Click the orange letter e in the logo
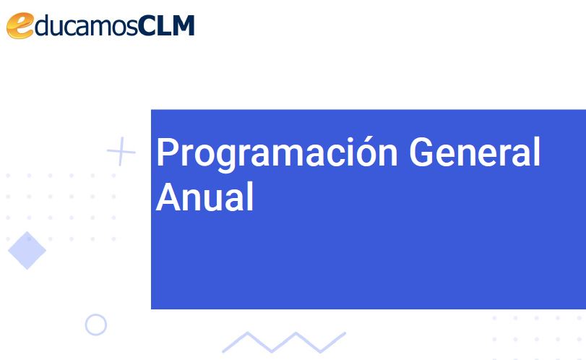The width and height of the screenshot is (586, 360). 20,25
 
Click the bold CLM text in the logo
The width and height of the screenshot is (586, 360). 166,25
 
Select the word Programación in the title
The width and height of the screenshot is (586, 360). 277,153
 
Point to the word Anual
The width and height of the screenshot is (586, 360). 204,197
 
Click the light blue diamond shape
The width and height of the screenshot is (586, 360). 27,250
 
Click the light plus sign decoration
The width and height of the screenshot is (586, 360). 121,151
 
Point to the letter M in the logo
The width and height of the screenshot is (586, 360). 182,26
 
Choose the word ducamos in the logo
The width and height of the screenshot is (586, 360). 86,25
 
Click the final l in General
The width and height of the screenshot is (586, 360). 538,150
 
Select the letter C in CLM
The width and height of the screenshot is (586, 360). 147,26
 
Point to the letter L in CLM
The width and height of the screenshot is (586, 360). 164,26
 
